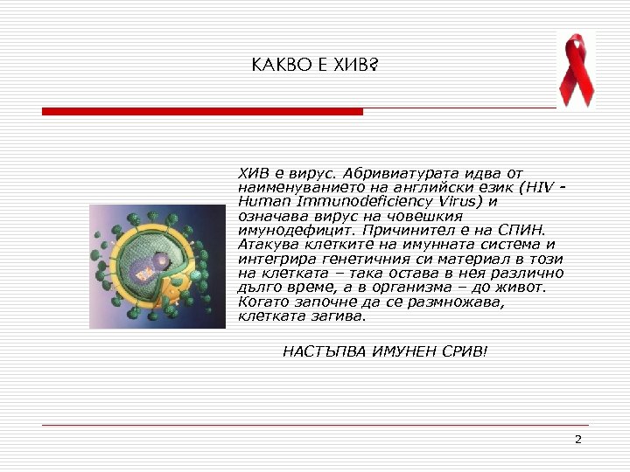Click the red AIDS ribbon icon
[x=576, y=68]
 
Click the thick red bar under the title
[x=202, y=112]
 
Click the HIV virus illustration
[x=157, y=267]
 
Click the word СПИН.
[x=523, y=230]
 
